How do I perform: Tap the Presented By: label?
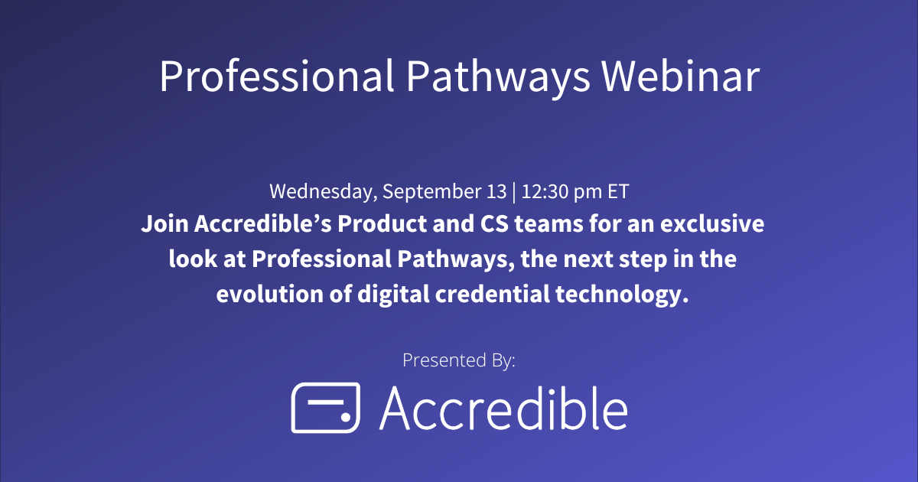458,360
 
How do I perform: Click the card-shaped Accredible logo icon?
325,407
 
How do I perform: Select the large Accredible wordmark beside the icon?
503,407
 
